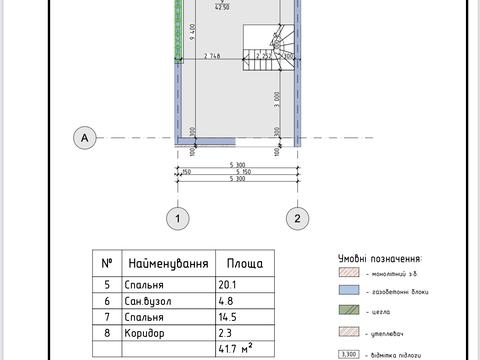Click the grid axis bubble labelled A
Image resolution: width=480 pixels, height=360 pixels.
pos(86,137)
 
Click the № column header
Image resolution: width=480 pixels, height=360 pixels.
pos(107,264)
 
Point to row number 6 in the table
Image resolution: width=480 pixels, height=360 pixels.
pos(107,300)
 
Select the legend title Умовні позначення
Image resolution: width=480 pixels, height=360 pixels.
pos(379,257)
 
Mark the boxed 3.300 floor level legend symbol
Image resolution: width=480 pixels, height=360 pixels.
pos(348,352)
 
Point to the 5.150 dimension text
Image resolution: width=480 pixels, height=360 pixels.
pos(237,173)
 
